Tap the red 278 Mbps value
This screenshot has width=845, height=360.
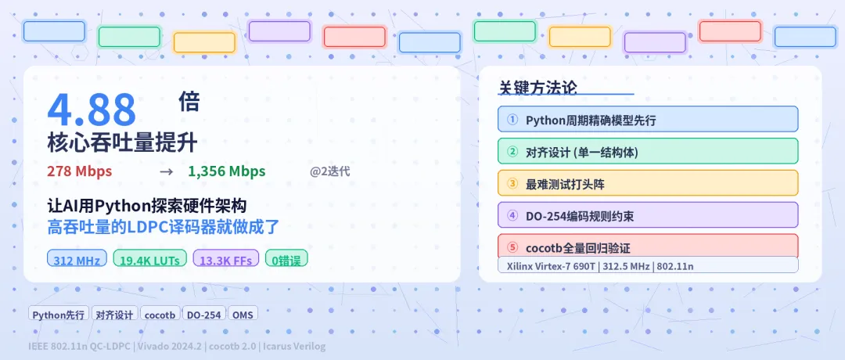pos(79,171)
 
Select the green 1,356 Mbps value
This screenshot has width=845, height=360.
pos(226,171)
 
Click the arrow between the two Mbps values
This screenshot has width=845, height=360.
pos(166,171)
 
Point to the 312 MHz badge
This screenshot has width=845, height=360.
pos(77,259)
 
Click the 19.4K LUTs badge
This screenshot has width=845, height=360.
pos(149,259)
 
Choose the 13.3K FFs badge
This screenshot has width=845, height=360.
pos(225,259)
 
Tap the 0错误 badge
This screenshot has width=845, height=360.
pos(286,259)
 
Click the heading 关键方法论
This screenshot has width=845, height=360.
pos(538,88)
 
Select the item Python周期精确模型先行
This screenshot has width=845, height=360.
pos(647,120)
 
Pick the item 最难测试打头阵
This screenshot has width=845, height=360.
pos(647,183)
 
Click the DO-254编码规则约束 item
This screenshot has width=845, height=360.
pos(647,215)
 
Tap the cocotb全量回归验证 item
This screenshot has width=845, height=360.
pos(647,247)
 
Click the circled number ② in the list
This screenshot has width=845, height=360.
pos(512,152)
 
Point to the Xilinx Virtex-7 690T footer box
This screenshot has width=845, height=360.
pos(647,265)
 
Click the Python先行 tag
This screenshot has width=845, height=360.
pos(58,315)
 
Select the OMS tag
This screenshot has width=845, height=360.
pos(243,315)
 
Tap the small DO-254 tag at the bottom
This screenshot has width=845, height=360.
pos(203,315)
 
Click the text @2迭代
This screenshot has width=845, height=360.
pos(329,171)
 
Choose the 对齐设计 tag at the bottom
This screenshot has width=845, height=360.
pos(114,315)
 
